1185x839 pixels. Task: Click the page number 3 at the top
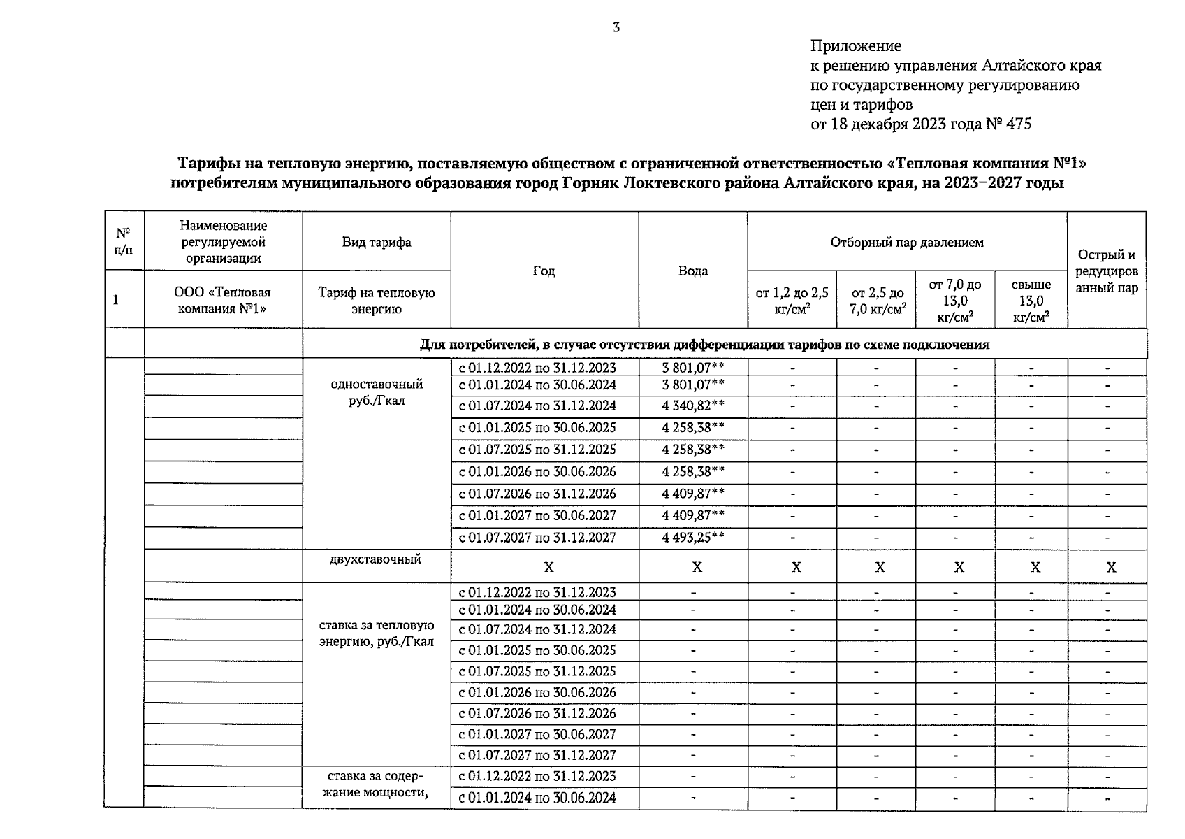click(x=616, y=28)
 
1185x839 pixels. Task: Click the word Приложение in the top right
click(x=855, y=46)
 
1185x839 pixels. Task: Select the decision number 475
click(x=1018, y=124)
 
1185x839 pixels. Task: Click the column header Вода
click(x=692, y=271)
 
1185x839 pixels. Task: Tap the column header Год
click(x=544, y=271)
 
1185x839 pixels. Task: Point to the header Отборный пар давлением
click(x=906, y=243)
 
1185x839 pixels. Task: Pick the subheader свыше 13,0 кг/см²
click(x=1031, y=301)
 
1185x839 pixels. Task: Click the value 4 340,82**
click(x=692, y=406)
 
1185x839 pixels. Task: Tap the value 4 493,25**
click(x=692, y=538)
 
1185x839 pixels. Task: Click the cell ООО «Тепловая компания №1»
click(x=222, y=301)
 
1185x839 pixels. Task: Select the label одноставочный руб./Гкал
click(x=376, y=393)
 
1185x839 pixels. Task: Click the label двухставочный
click(x=376, y=559)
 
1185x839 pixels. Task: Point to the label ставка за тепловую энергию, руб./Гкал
click(x=376, y=633)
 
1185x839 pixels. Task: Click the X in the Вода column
click(x=696, y=567)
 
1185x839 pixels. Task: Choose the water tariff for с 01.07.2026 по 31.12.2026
click(x=692, y=494)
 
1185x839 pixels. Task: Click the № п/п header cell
click(x=124, y=241)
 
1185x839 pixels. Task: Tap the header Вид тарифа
click(x=376, y=243)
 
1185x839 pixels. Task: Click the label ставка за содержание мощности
click(x=376, y=784)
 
